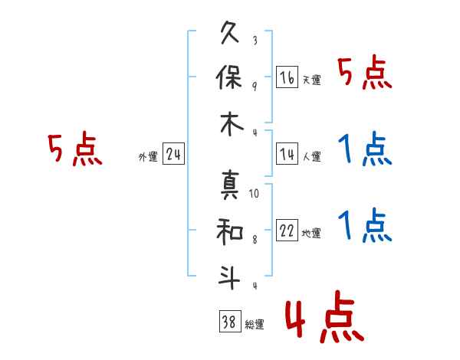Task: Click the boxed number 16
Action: click(x=287, y=77)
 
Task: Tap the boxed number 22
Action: click(x=287, y=231)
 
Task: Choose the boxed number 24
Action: click(x=173, y=155)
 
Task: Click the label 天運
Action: click(x=312, y=80)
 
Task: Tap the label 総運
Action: click(x=255, y=325)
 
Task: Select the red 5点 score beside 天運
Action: click(x=365, y=74)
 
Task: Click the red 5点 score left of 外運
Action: click(x=74, y=149)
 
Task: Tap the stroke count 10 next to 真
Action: click(x=254, y=194)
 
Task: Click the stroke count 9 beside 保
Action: click(x=254, y=85)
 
